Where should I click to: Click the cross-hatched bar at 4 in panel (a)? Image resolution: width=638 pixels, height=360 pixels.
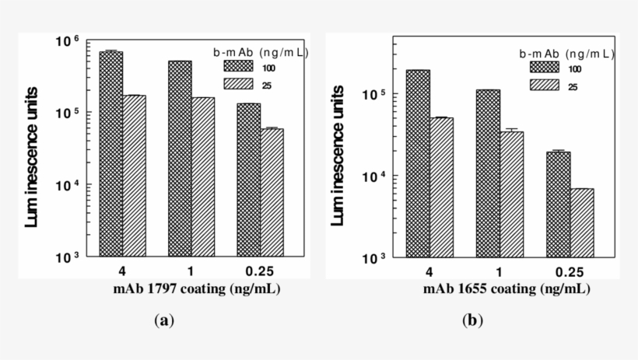[x=111, y=154]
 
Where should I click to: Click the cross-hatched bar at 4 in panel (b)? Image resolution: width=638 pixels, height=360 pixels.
[x=418, y=163]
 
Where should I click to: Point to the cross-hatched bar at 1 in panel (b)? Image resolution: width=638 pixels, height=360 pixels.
[x=487, y=173]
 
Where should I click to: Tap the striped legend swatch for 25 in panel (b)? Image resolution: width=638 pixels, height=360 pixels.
[x=545, y=86]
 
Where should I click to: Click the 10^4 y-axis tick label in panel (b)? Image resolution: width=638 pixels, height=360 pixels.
[x=375, y=176]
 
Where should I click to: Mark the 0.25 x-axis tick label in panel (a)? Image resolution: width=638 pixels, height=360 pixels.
[x=260, y=273]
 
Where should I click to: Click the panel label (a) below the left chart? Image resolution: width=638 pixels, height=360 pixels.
[x=163, y=320]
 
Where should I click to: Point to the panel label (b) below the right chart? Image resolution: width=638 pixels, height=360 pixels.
[x=470, y=320]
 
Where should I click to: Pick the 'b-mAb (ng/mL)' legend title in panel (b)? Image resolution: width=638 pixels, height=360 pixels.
[x=566, y=54]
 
